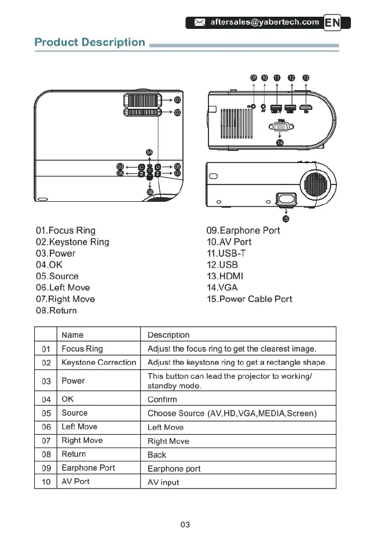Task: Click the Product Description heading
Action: (x=90, y=42)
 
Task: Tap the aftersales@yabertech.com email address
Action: (x=264, y=23)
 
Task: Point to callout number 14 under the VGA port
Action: (x=280, y=142)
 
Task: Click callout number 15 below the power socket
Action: (x=286, y=218)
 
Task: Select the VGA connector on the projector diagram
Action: (x=280, y=127)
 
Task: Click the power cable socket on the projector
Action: (x=286, y=200)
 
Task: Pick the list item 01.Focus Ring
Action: (x=65, y=231)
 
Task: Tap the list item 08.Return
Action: (x=56, y=311)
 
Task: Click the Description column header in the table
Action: (x=168, y=335)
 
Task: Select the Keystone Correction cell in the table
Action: (x=98, y=363)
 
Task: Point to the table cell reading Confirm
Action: (x=162, y=400)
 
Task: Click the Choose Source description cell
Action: (x=232, y=413)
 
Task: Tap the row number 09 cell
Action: (x=46, y=468)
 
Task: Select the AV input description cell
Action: (x=163, y=482)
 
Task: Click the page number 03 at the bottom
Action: (x=185, y=525)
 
